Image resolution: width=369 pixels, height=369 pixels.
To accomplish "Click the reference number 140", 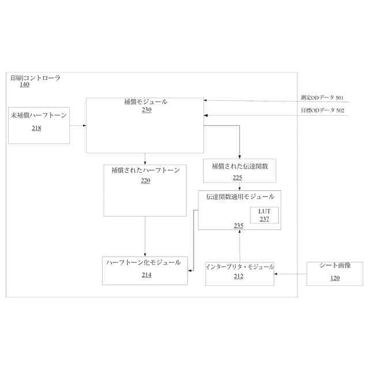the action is point(24,85).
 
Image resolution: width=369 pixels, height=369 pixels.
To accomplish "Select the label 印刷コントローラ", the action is point(35,78).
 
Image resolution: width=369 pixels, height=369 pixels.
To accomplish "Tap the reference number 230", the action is point(146,110).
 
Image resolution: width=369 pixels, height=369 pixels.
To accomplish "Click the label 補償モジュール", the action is point(146,102).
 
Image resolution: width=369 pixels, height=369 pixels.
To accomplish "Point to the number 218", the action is point(36,128).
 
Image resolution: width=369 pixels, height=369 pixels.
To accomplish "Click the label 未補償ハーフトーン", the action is point(39,115).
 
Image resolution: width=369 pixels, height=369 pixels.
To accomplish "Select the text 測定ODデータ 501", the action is point(322,98).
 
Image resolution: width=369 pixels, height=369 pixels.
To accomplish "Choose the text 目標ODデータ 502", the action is point(322,110).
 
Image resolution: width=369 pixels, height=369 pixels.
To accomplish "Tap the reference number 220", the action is point(145,180).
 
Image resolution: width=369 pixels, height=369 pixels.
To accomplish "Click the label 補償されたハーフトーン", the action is point(145,171).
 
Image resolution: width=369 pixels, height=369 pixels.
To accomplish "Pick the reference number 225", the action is point(238,178).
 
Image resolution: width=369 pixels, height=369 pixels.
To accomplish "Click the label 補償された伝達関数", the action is point(240,166).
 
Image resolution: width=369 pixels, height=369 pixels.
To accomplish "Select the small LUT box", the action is point(264,215).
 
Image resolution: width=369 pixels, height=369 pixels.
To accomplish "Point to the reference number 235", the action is point(238,225).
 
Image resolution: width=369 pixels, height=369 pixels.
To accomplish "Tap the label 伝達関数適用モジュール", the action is point(240,197).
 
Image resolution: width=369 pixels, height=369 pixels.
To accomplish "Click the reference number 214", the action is point(146,275).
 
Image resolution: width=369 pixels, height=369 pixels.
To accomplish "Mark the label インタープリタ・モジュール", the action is point(240,266).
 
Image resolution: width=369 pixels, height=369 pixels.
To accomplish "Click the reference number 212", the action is point(238,276).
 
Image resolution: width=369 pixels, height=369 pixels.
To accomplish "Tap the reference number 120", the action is point(334,278).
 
